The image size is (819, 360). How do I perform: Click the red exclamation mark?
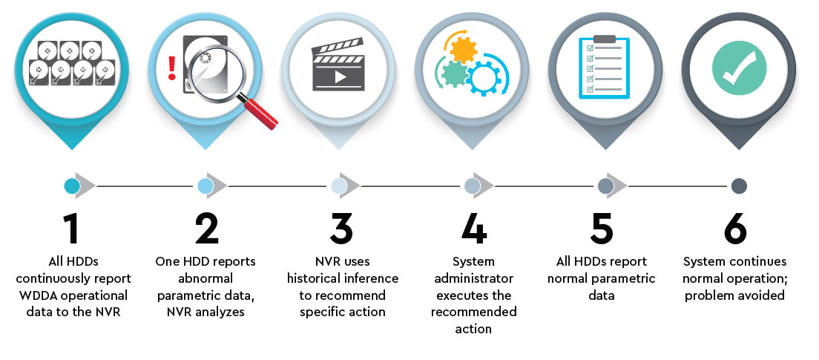[x=172, y=68]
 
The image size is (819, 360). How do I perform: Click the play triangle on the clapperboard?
[x=341, y=77]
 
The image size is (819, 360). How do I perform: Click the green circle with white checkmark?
[x=739, y=68]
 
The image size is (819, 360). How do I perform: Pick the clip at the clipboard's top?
[x=605, y=39]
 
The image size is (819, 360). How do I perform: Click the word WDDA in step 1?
[x=43, y=295]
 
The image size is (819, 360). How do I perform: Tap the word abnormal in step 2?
[x=206, y=278]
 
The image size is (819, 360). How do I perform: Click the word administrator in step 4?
[x=475, y=278]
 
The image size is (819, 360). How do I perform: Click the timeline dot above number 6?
[x=739, y=186]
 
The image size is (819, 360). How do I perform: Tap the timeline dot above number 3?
[x=339, y=186]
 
